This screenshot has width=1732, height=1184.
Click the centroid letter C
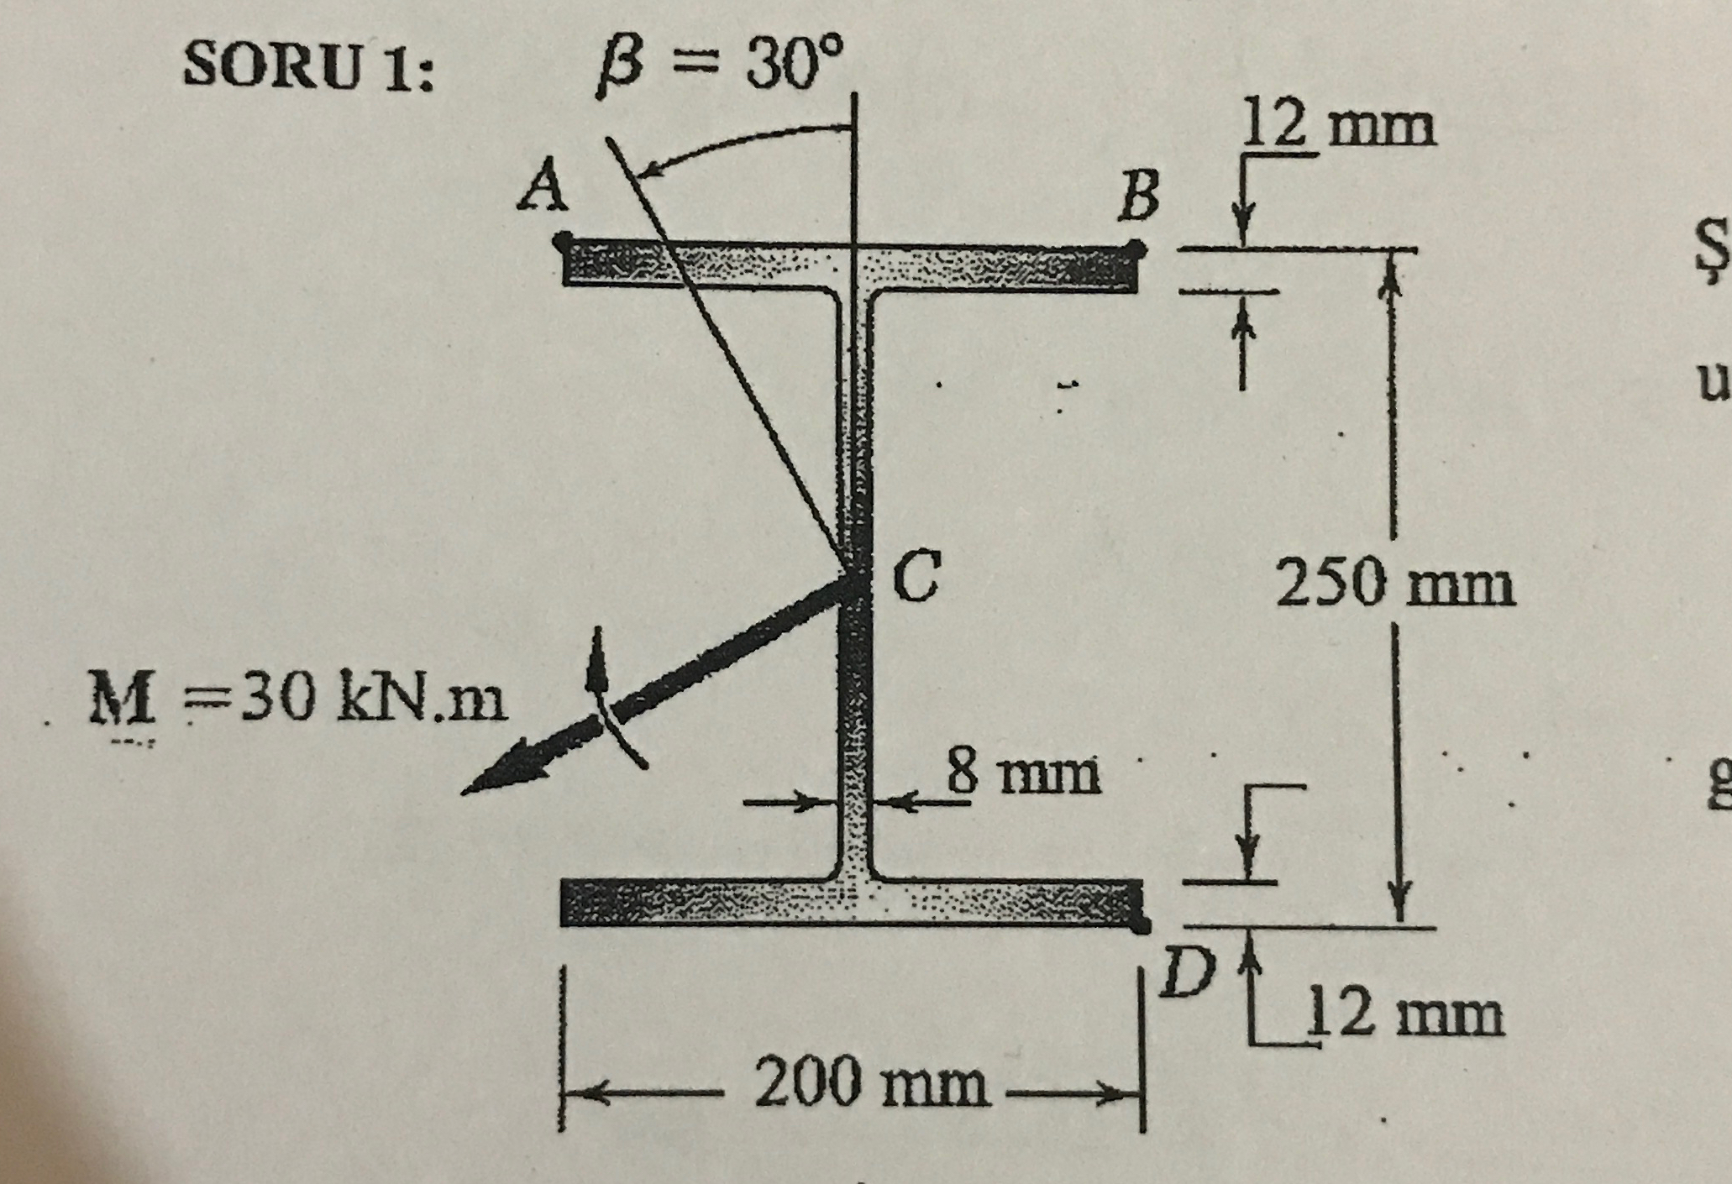915,579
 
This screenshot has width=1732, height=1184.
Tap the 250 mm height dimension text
1395,584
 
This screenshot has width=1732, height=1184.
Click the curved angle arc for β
739,141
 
